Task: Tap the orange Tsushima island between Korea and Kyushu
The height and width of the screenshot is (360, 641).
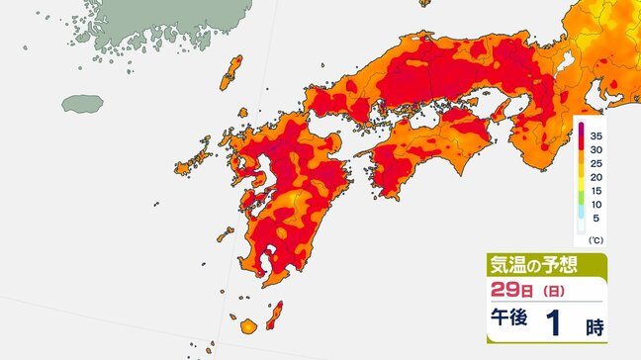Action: pyautogui.click(x=233, y=70)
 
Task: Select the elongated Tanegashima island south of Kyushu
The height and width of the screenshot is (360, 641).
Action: pyautogui.click(x=276, y=311)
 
